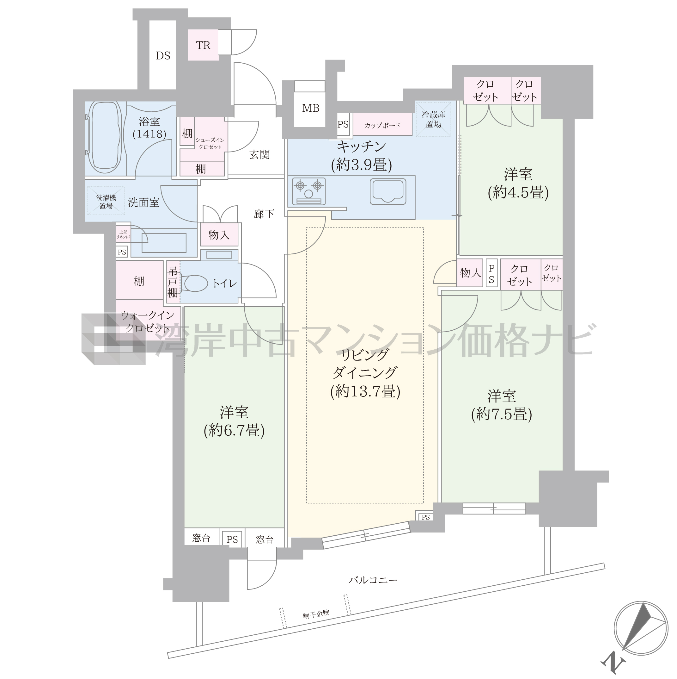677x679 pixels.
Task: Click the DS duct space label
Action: (x=163, y=56)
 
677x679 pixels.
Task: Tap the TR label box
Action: (x=203, y=45)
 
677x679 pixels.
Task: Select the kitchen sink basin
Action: (x=388, y=191)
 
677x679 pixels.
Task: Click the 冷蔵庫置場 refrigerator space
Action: (x=433, y=119)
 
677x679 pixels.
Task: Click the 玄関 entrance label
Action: (x=259, y=154)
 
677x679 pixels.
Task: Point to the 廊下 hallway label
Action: (x=264, y=213)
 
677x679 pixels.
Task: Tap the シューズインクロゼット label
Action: (x=210, y=143)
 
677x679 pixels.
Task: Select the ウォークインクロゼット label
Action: (x=148, y=321)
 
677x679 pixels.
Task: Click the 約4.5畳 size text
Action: (x=518, y=193)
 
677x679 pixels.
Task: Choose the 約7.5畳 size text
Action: (x=502, y=414)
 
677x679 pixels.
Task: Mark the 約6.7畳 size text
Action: (x=234, y=431)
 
